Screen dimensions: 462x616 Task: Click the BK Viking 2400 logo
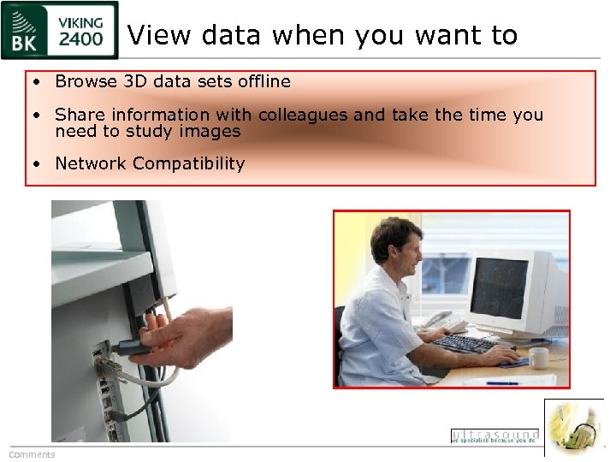(x=59, y=31)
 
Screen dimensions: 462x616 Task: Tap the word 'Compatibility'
(x=188, y=163)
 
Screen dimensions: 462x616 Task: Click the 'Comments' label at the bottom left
(x=32, y=454)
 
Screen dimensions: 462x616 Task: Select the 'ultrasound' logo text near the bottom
(x=495, y=435)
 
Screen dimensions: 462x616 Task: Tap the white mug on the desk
(x=538, y=358)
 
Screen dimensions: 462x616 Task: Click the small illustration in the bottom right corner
(x=574, y=427)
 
